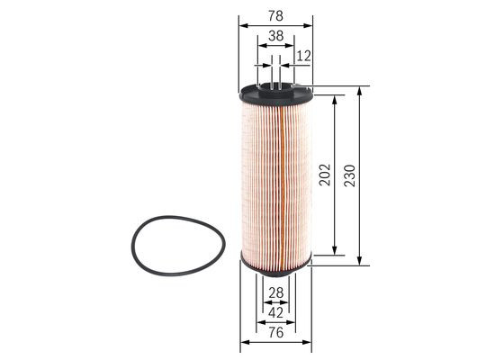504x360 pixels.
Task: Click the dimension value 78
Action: [275, 13]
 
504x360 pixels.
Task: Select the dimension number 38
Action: [275, 37]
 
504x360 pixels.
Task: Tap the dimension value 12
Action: [303, 57]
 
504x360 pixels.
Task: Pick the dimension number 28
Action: [275, 292]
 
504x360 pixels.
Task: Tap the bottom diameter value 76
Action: [275, 332]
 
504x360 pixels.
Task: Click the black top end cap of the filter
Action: [275, 93]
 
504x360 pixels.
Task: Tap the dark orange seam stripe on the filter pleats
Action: [281, 180]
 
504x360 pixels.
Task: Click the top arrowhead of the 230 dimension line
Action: [359, 91]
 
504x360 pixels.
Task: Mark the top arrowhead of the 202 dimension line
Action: [336, 98]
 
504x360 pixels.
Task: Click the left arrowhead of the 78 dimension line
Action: [243, 25]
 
